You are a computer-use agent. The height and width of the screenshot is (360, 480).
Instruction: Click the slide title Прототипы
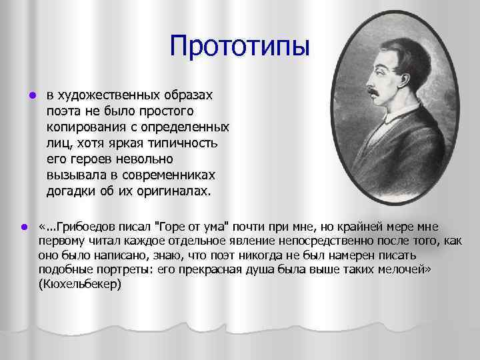pos(240,46)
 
